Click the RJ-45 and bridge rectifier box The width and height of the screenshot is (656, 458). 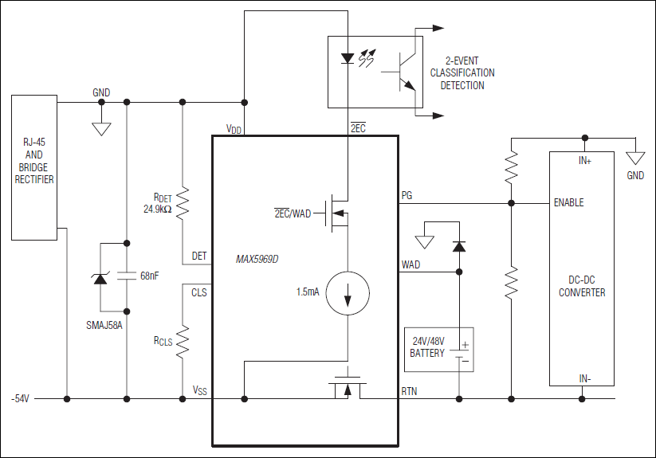click(x=33, y=167)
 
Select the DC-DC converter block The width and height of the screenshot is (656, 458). click(x=581, y=271)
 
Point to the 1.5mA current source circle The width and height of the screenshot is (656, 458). click(x=348, y=292)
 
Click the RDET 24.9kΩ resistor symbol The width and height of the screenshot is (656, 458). click(x=183, y=203)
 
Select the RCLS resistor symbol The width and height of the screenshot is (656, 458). click(x=183, y=342)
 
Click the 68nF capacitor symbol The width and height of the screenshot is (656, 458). click(x=128, y=276)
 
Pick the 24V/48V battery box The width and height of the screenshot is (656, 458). click(x=438, y=350)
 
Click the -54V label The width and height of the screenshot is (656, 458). click(x=21, y=397)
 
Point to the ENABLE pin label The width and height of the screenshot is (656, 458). click(x=568, y=202)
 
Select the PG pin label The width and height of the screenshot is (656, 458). click(x=407, y=195)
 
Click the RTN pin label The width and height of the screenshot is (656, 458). click(x=410, y=390)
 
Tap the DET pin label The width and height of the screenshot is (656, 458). click(x=199, y=256)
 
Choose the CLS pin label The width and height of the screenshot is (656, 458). click(x=199, y=292)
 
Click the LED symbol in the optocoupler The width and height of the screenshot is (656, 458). click(x=348, y=58)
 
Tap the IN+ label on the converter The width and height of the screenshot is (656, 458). click(x=584, y=160)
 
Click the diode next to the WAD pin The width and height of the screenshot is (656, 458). click(x=458, y=246)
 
